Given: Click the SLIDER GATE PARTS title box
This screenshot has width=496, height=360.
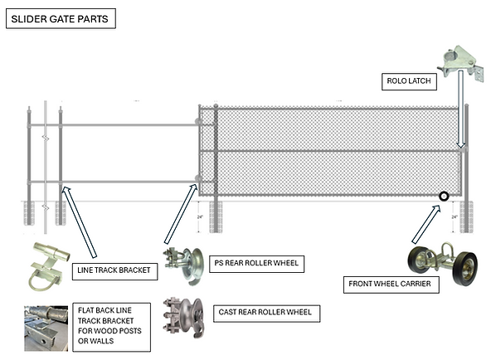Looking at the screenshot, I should [61, 18].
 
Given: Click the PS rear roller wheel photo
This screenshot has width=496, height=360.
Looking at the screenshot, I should [184, 265].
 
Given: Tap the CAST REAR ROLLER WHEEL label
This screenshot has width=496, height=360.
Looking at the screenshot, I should [263, 312].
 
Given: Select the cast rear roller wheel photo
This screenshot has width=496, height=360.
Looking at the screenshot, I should [183, 314].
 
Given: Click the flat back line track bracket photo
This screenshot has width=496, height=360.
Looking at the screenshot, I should [46, 326].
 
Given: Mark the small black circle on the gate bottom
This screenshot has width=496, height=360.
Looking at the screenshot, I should [444, 197].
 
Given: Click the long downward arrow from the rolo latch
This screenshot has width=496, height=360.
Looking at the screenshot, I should [459, 112].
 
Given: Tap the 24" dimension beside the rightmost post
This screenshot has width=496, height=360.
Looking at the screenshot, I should [455, 216].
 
